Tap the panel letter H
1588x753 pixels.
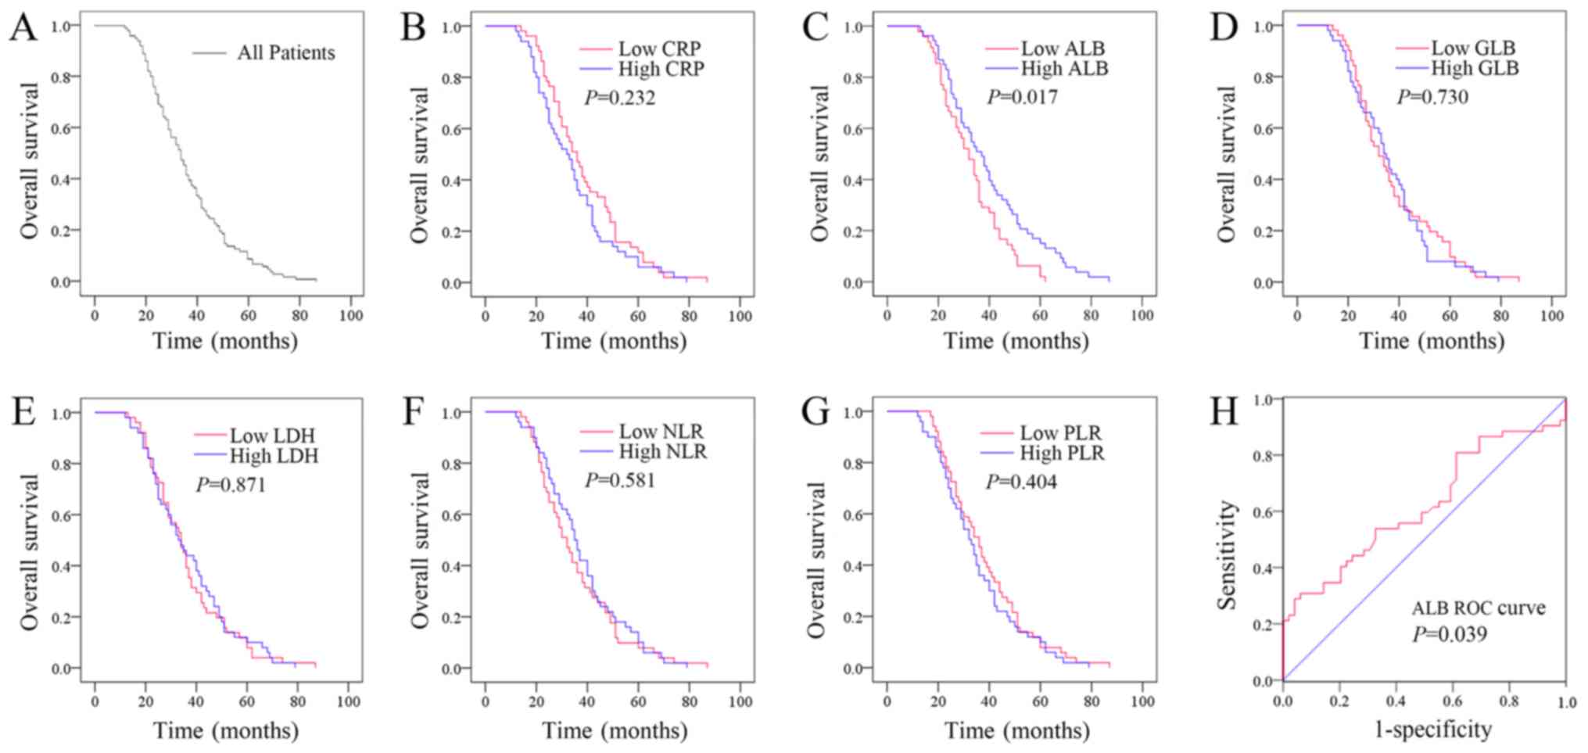pyautogui.click(x=1224, y=411)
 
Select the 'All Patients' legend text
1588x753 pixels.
pyautogui.click(x=286, y=53)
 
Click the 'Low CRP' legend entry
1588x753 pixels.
pyautogui.click(x=659, y=48)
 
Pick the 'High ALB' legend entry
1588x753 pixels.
pyautogui.click(x=1064, y=69)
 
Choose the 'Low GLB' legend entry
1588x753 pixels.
pyautogui.click(x=1473, y=48)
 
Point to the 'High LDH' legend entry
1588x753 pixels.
pyautogui.click(x=274, y=456)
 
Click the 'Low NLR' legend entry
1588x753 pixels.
pyautogui.click(x=661, y=432)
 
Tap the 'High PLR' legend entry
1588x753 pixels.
pyautogui.click(x=1062, y=453)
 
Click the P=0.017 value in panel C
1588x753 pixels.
pyautogui.click(x=1022, y=97)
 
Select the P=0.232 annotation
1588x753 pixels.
pyautogui.click(x=620, y=98)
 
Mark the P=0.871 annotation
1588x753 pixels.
pyautogui.click(x=231, y=485)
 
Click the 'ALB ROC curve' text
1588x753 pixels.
pyautogui.click(x=1478, y=608)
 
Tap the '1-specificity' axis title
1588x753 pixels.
pyautogui.click(x=1433, y=730)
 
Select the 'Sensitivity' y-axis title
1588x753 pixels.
pyautogui.click(x=1227, y=555)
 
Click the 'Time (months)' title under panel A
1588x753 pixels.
pyautogui.click(x=225, y=341)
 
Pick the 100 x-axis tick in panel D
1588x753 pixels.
pyautogui.click(x=1551, y=316)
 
